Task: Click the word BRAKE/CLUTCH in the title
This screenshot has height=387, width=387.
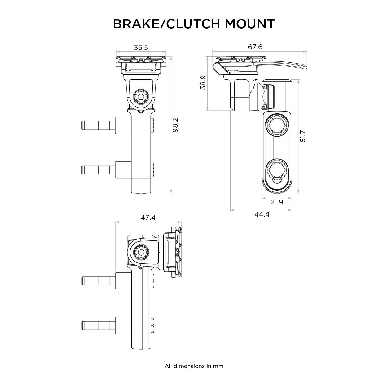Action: click(167, 24)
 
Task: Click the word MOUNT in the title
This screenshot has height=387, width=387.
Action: click(250, 24)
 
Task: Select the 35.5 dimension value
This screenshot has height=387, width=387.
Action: click(141, 47)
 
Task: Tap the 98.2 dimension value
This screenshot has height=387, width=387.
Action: click(175, 125)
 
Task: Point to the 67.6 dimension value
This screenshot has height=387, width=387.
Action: click(255, 47)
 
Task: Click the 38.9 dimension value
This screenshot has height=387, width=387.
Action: click(203, 83)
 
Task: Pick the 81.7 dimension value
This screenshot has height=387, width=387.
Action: click(303, 136)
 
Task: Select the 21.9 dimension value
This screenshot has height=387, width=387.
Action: click(277, 202)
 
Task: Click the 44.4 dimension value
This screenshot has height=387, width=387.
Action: click(262, 214)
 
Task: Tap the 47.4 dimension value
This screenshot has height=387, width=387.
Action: click(148, 218)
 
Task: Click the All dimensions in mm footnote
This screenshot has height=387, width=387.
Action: click(194, 366)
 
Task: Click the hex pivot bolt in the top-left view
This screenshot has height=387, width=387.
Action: click(141, 96)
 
